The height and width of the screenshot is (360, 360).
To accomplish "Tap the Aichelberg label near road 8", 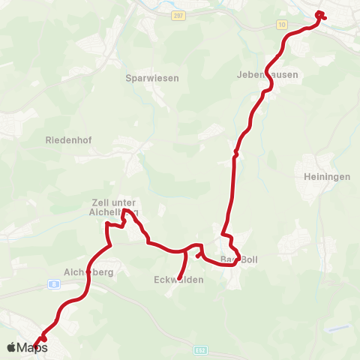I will coord(88,273).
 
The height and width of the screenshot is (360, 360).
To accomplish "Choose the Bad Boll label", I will coord(238,260).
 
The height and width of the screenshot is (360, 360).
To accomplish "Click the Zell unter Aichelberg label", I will coord(114,207).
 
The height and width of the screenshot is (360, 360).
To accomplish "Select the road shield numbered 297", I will coord(177,16).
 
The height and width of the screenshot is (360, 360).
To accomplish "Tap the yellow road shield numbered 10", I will coord(281,25).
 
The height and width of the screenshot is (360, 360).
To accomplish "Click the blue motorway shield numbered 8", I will coord(55,283).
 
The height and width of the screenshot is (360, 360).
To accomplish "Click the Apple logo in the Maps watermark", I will coord(12,347).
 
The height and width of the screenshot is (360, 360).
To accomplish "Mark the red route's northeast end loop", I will coord(320,15).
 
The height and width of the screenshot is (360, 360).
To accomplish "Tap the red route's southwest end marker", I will coord(43,339).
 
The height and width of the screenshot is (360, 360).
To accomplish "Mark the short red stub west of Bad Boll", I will coord(198,256).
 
